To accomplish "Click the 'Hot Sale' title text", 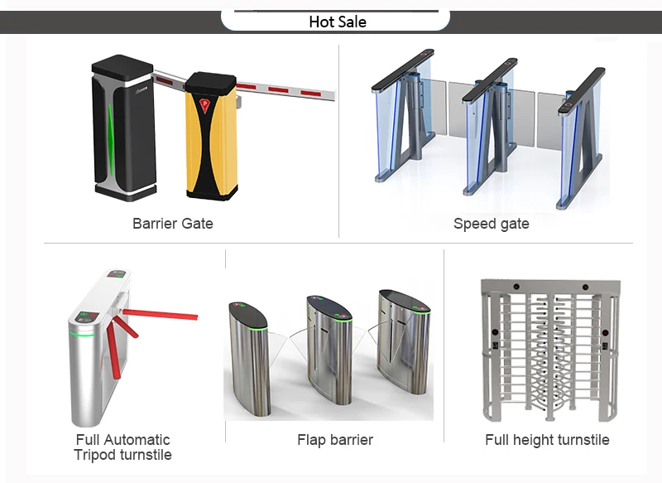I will (x=338, y=22).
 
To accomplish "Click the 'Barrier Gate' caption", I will (x=172, y=224).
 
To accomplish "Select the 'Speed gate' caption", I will (x=491, y=224).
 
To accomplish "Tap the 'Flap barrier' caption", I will (x=334, y=440).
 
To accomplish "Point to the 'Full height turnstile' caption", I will (x=547, y=440).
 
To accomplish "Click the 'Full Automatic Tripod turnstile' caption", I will (x=122, y=447).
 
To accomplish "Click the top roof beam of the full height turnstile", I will (x=548, y=287).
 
